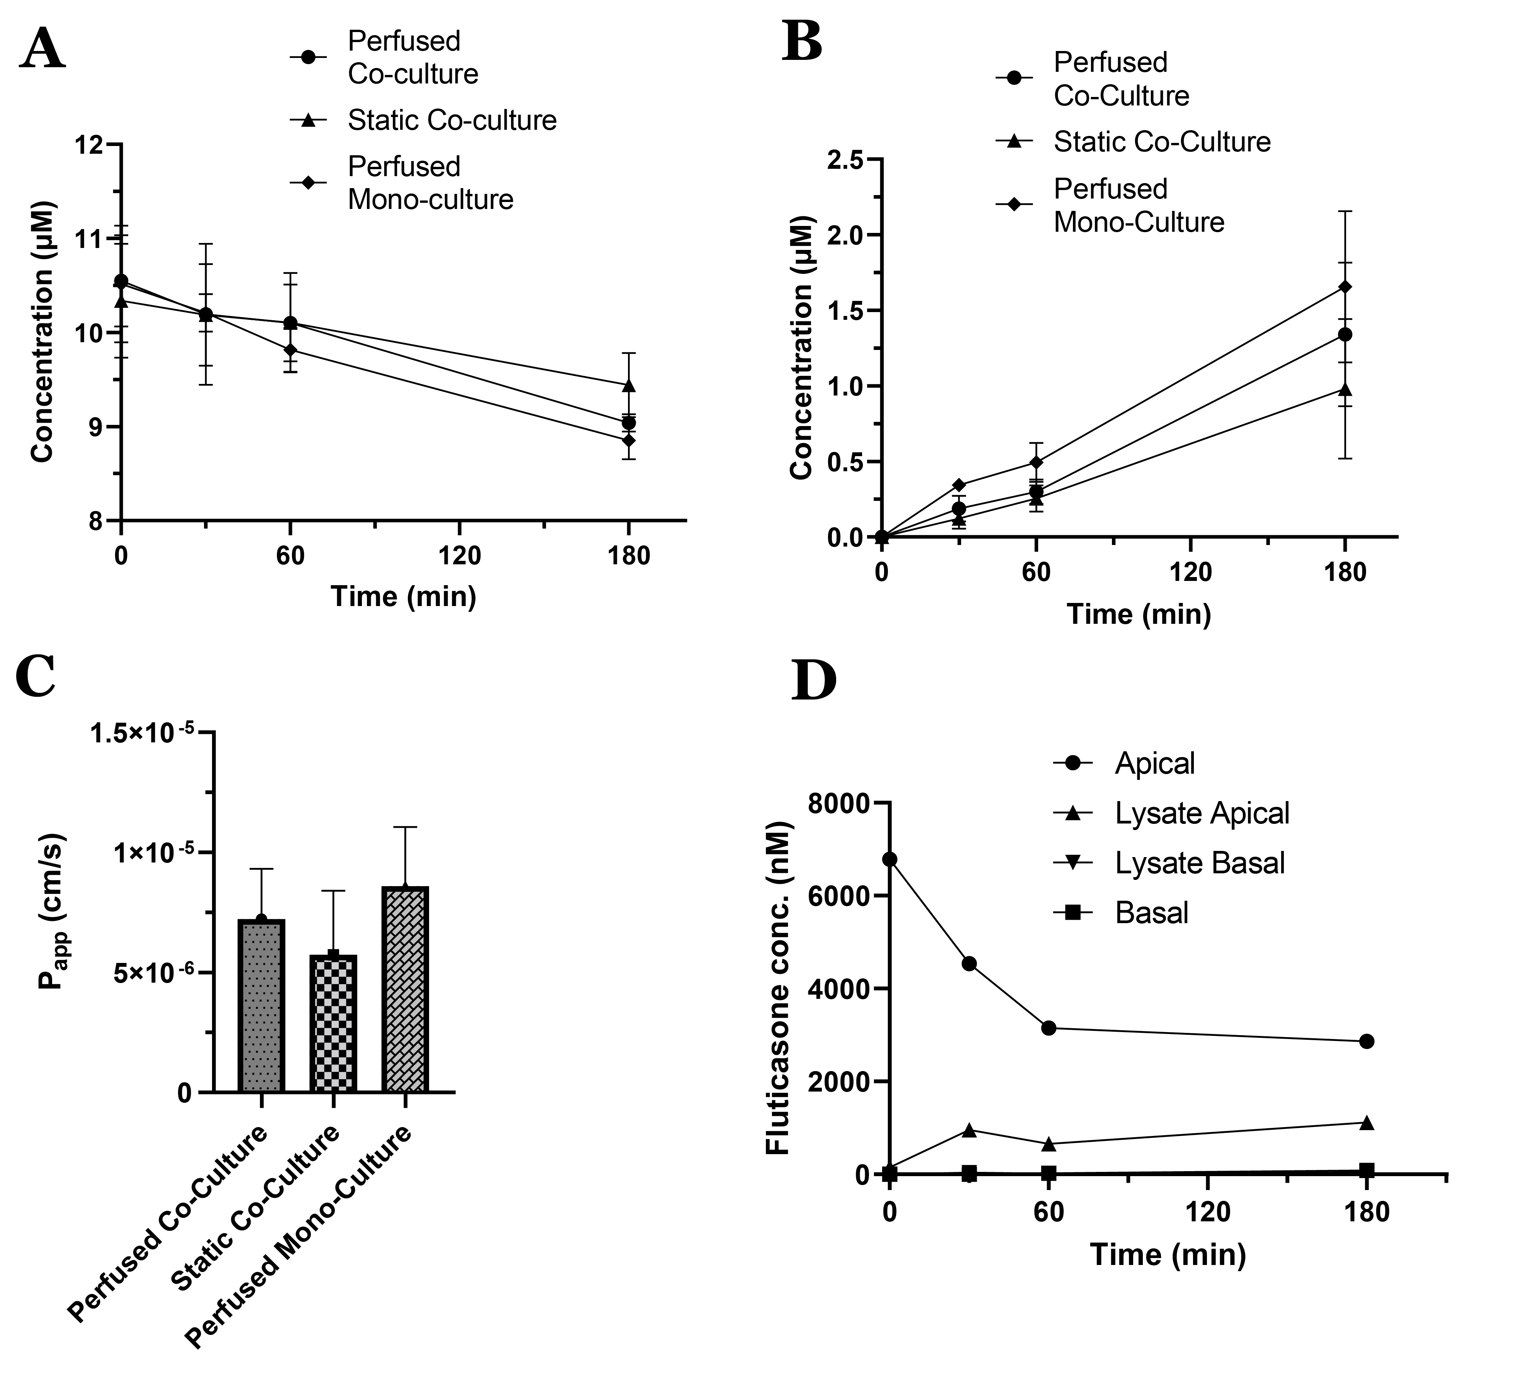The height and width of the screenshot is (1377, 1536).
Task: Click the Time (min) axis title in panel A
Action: [x=403, y=596]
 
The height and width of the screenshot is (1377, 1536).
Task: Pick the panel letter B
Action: [x=803, y=42]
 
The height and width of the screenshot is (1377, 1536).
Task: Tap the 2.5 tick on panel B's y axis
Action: [x=845, y=160]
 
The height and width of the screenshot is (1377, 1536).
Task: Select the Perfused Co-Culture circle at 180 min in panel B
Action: [x=1344, y=334]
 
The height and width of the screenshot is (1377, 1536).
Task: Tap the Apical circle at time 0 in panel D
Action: [x=890, y=859]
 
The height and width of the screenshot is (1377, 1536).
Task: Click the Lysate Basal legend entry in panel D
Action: [x=1199, y=863]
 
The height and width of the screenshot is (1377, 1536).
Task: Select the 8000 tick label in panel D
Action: [x=839, y=803]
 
